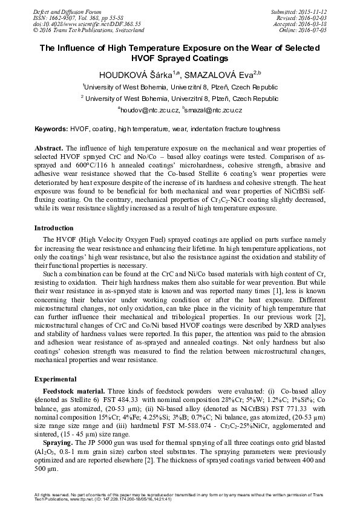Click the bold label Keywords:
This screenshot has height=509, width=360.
tap(51, 129)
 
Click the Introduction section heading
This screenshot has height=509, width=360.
tap(54, 228)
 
